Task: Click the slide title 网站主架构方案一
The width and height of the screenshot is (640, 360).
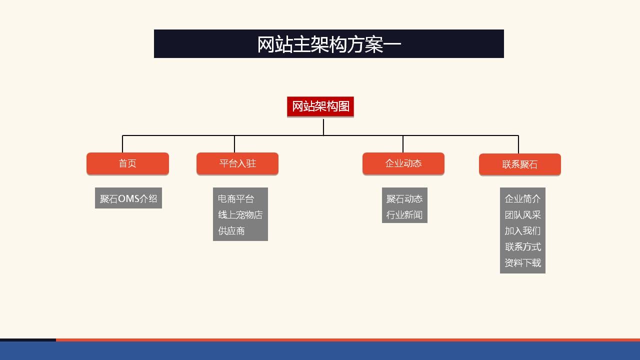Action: [329, 44]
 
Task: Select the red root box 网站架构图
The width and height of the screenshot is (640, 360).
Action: [320, 106]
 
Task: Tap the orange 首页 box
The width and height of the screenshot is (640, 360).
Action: [127, 163]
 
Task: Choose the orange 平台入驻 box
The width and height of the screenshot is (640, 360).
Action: [237, 163]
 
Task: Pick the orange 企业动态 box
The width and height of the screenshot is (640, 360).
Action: [403, 163]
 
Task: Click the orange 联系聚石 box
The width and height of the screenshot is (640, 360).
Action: [520, 164]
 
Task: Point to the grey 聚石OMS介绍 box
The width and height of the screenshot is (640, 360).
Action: [128, 198]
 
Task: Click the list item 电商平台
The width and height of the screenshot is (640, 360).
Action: [236, 199]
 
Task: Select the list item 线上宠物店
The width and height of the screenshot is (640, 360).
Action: [240, 215]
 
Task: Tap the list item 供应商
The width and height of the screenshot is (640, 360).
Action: [231, 231]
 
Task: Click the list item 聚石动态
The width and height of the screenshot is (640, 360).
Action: [404, 199]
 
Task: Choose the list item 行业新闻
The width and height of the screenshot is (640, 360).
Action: [404, 215]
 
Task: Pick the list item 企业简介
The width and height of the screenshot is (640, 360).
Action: [522, 199]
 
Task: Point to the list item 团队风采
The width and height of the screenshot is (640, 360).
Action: [522, 215]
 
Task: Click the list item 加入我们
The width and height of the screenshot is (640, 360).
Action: [522, 231]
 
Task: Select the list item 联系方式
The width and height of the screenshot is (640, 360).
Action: [522, 247]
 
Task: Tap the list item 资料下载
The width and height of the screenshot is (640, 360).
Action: [522, 263]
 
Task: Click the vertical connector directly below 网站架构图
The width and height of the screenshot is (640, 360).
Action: [323, 127]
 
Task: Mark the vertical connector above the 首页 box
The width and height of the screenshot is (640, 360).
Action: [122, 144]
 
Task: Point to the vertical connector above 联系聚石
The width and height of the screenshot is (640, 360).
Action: [518, 144]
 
